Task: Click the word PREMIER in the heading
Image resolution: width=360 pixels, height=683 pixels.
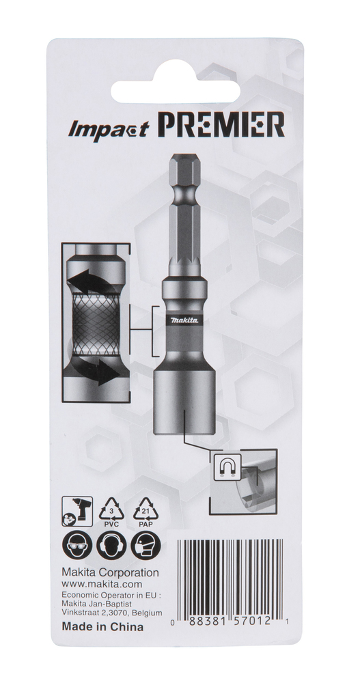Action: [221, 125]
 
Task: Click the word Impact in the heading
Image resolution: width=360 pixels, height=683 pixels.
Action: [109, 129]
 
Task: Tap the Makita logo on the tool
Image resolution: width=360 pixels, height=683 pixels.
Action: [184, 320]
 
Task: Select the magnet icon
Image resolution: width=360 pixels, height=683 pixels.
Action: [227, 467]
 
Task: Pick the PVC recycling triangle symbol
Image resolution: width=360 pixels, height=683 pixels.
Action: [111, 512]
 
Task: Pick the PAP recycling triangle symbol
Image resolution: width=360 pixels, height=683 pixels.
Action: [146, 512]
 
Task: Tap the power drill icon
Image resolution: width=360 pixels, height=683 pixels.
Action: [78, 511]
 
